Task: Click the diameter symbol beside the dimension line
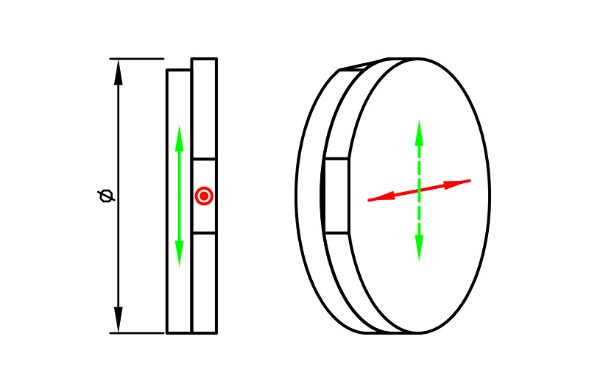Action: (106, 196)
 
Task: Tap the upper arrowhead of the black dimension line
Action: (119, 72)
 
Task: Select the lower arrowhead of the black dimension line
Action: (119, 319)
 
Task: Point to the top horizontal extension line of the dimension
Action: (137, 59)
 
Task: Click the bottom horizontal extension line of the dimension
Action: (137, 332)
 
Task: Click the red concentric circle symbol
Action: (204, 196)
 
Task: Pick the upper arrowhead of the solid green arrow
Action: (180, 138)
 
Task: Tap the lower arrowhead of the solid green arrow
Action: (180, 254)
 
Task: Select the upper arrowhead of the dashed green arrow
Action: (419, 133)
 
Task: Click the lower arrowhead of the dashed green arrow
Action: (419, 248)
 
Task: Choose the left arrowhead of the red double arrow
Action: (381, 197)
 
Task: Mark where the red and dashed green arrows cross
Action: (419, 190)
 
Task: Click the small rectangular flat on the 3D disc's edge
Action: (336, 196)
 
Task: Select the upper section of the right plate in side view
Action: (204, 109)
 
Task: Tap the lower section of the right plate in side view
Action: (204, 284)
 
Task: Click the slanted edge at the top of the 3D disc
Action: (363, 64)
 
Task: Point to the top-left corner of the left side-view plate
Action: (167, 70)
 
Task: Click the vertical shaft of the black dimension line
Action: (119, 196)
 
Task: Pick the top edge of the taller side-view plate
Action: (204, 59)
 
